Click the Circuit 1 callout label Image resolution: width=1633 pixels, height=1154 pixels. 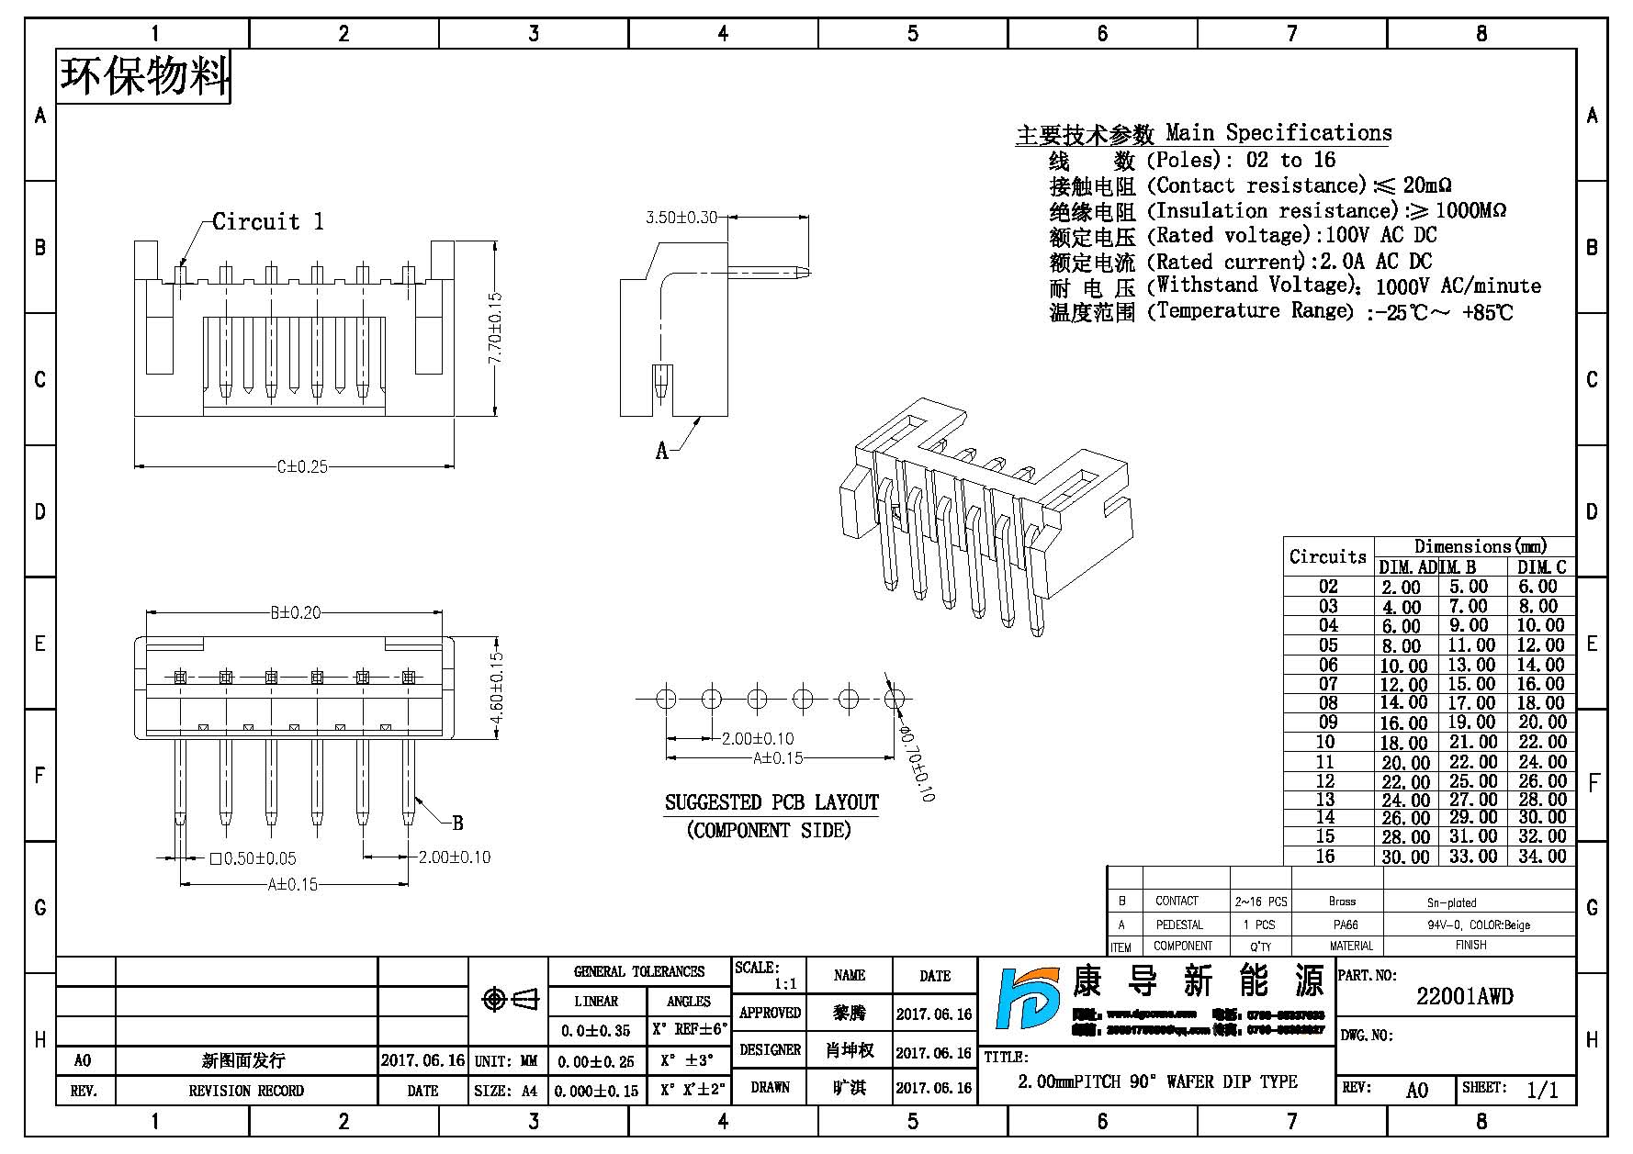(267, 221)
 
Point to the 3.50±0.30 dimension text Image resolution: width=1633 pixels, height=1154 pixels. (681, 218)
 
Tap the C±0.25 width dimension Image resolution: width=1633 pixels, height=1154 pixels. (302, 466)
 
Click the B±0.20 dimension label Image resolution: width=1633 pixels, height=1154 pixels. (295, 612)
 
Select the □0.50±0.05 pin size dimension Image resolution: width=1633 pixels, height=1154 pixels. (253, 858)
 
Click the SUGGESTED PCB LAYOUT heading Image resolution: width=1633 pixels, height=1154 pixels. (771, 802)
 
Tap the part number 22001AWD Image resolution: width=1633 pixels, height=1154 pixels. (1464, 996)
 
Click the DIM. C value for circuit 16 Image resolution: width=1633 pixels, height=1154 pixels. (1542, 856)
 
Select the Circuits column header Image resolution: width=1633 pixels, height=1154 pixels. (1327, 556)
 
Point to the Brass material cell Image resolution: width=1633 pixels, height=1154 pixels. (1342, 902)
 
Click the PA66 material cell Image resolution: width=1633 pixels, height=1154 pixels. (1346, 924)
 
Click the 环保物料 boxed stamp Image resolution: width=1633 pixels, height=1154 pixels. (144, 76)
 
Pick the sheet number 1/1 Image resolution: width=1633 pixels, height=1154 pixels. (1542, 1090)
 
